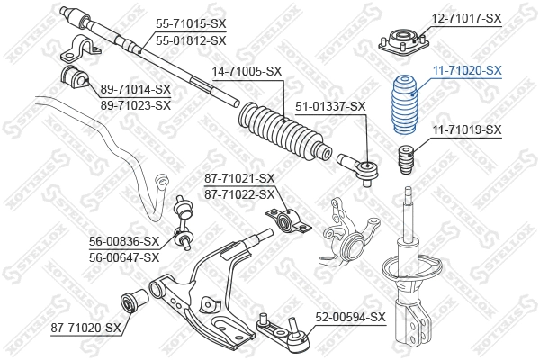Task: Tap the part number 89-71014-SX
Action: (136, 88)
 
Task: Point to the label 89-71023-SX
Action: (136, 105)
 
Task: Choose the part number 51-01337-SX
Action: (332, 106)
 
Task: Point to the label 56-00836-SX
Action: (123, 240)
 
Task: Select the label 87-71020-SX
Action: (85, 327)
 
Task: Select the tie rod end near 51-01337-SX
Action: (359, 166)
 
